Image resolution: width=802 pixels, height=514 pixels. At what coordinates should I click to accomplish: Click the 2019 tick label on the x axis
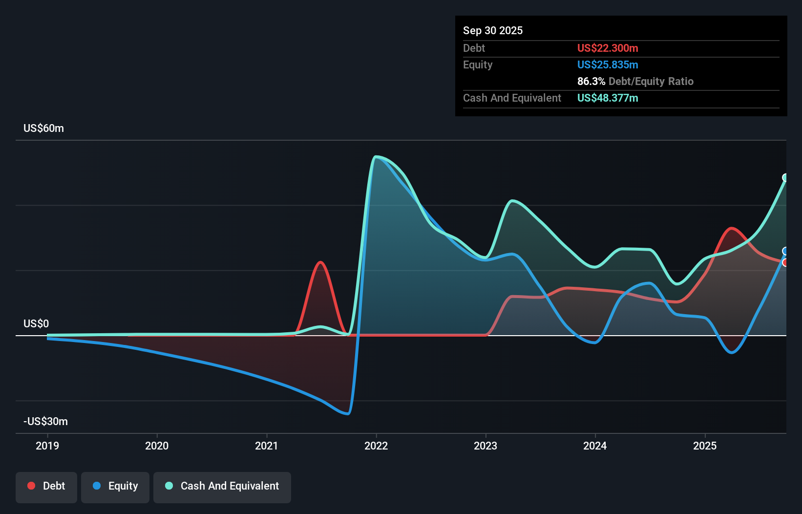pyautogui.click(x=47, y=446)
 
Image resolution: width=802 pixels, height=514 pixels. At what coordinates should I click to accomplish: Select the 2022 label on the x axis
pyautogui.click(x=376, y=446)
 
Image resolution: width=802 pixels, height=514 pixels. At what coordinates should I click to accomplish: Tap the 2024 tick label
pyautogui.click(x=595, y=446)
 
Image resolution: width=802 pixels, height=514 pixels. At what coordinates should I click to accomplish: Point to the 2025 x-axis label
pyautogui.click(x=705, y=446)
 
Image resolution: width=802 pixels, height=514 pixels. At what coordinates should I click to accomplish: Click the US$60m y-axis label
pyautogui.click(x=43, y=128)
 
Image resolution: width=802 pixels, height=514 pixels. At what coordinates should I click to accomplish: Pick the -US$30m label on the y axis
pyautogui.click(x=45, y=421)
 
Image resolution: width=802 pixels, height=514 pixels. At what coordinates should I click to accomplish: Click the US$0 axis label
pyautogui.click(x=36, y=323)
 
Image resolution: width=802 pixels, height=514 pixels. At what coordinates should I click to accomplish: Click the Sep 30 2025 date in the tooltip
pyautogui.click(x=492, y=30)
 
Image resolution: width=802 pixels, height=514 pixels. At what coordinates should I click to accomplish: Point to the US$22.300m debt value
pyautogui.click(x=607, y=48)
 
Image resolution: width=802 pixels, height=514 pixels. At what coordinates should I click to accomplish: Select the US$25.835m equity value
pyautogui.click(x=607, y=64)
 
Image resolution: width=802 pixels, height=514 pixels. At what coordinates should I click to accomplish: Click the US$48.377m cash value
pyautogui.click(x=607, y=98)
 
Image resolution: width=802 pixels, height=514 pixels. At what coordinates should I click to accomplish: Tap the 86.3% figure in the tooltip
pyautogui.click(x=591, y=81)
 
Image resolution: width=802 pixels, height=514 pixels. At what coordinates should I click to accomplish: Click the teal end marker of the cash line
pyautogui.click(x=785, y=177)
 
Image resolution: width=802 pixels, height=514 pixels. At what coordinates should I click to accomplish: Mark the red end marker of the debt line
pyautogui.click(x=785, y=263)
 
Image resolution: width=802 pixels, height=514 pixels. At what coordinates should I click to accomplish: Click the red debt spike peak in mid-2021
pyautogui.click(x=320, y=262)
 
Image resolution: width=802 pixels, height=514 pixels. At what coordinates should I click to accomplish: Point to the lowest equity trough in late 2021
pyautogui.click(x=347, y=413)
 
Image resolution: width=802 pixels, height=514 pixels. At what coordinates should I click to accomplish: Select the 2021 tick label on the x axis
pyautogui.click(x=267, y=446)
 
